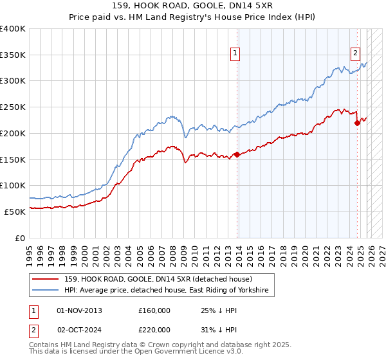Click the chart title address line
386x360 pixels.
[192, 5]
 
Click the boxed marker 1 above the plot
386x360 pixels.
[236, 54]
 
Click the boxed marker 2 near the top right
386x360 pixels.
[355, 54]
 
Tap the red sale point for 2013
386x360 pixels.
[237, 154]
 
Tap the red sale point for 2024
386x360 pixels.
[357, 123]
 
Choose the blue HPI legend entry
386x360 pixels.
[169, 291]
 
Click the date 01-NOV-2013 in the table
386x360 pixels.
[79, 310]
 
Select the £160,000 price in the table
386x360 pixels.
[154, 310]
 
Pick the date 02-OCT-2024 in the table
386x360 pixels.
[79, 329]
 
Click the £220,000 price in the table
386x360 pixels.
[154, 329]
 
